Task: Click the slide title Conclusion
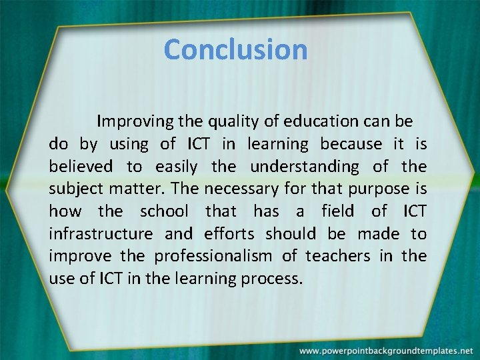tap(235, 49)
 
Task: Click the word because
tap(351, 144)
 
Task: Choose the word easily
tap(177, 167)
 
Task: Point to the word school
tap(164, 212)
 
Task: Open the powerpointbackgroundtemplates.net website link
tap(385, 350)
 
